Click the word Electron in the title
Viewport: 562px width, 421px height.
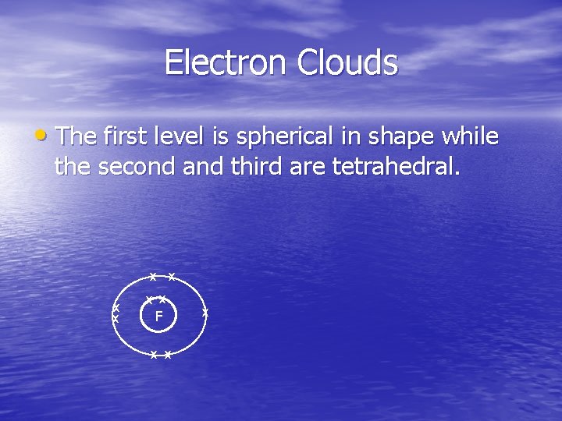[x=226, y=62]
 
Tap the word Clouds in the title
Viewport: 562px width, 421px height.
[x=347, y=62]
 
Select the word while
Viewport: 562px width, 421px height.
[x=471, y=136]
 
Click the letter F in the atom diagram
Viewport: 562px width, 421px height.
[x=158, y=317]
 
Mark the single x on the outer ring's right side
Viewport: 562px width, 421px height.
[x=205, y=312]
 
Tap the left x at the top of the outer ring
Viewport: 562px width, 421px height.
[x=153, y=277]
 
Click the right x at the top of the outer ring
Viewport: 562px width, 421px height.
[x=171, y=277]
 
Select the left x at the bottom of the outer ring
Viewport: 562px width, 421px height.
[x=154, y=355]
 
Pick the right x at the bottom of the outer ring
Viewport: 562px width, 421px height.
[x=168, y=355]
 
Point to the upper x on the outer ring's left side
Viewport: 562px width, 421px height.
[x=116, y=308]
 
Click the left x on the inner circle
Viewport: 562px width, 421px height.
[x=150, y=299]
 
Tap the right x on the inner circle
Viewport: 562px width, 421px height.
[x=162, y=299]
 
